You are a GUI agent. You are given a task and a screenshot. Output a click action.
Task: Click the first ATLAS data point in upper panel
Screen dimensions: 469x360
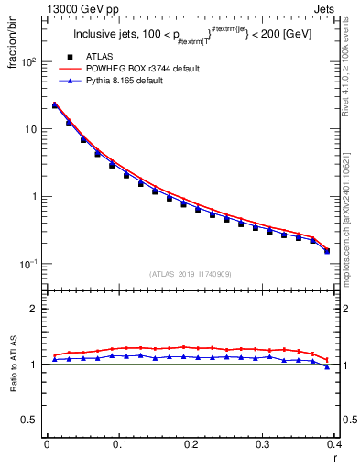54,106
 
